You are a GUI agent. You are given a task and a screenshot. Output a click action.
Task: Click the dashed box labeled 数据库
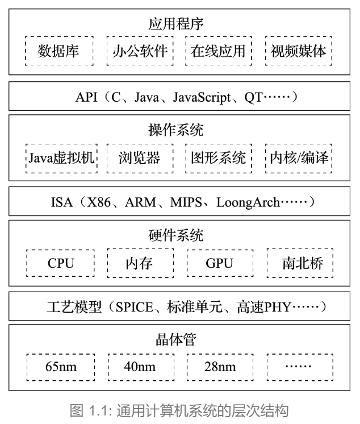point(58,51)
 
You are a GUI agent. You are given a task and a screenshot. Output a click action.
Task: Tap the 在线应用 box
point(219,51)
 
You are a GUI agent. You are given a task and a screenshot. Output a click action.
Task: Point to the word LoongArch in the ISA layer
point(248,202)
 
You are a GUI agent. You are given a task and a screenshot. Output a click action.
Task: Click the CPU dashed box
point(61,263)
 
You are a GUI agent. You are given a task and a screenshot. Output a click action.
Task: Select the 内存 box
point(140,263)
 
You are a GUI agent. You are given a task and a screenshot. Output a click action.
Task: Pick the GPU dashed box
point(220,263)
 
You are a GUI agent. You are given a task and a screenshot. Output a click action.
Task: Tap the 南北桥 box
point(300,263)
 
